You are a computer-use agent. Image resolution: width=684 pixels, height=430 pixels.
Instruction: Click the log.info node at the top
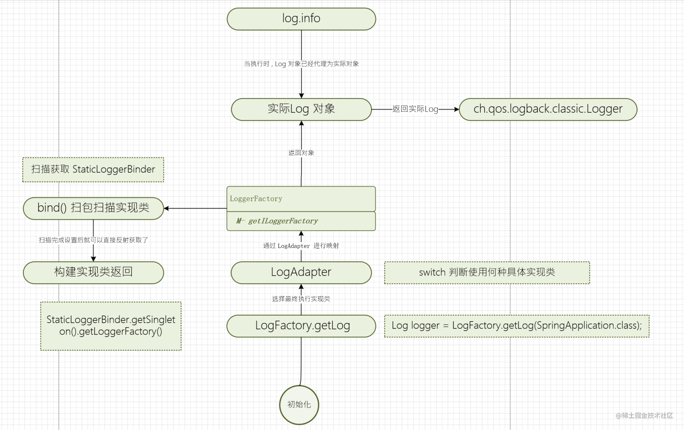301,19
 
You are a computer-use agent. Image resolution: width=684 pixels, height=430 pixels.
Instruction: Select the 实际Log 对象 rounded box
301,109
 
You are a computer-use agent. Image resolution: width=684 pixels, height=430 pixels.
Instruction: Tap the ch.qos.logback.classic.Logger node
548,109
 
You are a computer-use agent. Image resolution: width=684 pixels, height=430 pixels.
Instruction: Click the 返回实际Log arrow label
415,109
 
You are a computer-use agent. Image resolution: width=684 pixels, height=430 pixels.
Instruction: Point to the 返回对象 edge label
301,153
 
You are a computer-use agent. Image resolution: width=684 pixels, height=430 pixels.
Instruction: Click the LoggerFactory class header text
256,199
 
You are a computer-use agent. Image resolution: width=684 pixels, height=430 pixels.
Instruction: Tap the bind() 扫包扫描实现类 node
93,208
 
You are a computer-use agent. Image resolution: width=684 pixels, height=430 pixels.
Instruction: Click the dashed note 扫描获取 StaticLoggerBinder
93,170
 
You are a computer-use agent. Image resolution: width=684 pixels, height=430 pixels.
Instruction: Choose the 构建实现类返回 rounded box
93,272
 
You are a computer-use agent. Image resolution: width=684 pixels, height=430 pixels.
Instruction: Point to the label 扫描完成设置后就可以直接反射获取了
93,240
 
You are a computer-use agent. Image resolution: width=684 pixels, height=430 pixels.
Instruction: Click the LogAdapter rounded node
301,272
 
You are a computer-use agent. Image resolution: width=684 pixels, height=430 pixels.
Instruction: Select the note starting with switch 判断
487,273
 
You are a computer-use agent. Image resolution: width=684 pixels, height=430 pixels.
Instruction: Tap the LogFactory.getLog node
301,325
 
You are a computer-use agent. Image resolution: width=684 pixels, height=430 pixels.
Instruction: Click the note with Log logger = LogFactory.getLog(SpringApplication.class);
516,326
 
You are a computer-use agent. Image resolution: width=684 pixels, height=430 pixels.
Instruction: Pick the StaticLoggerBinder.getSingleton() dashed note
111,326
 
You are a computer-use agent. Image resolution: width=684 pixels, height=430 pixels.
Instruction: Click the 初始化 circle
299,405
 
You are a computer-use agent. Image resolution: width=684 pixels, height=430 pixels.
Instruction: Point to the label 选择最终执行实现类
301,299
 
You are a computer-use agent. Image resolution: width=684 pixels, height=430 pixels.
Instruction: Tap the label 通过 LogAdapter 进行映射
301,246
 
